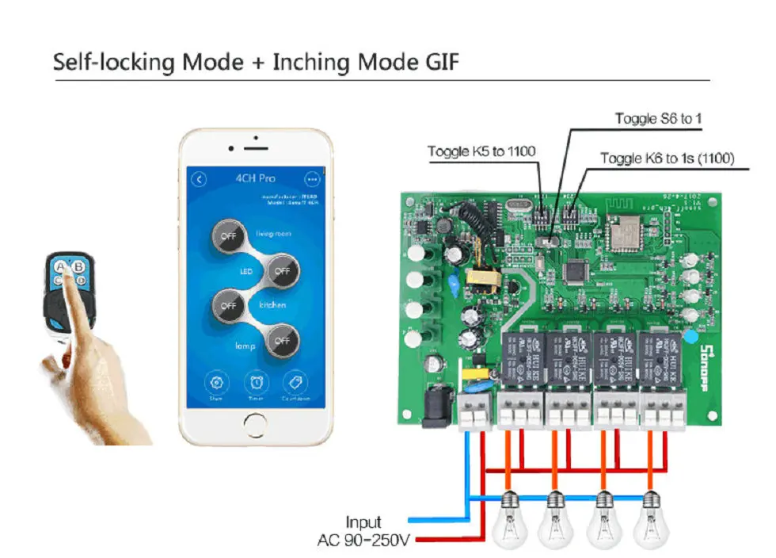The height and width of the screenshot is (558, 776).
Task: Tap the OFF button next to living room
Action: [230, 236]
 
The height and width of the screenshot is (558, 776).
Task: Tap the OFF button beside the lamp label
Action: [282, 340]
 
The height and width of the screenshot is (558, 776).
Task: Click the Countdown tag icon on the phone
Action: [294, 383]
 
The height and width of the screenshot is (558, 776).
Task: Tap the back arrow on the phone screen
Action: [200, 179]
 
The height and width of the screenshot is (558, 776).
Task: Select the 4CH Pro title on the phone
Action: [255, 179]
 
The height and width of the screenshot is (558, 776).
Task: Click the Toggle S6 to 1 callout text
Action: [659, 119]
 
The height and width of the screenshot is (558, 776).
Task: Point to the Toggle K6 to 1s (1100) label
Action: [667, 159]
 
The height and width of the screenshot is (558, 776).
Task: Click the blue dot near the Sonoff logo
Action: [690, 337]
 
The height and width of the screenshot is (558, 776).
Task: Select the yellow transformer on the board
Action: [481, 280]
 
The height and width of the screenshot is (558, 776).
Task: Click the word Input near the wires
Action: [363, 522]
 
